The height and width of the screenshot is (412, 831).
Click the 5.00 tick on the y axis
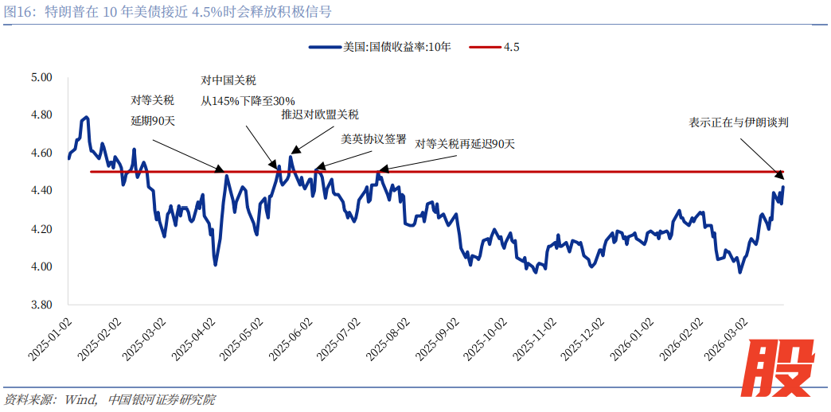click(40, 77)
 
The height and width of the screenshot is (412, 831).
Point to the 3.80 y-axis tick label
click(40, 305)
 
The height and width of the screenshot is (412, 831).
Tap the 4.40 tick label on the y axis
click(40, 191)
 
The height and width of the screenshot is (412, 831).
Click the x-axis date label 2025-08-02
click(392, 335)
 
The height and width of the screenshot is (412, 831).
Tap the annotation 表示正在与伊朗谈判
click(739, 122)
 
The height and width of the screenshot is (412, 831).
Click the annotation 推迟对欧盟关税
click(320, 115)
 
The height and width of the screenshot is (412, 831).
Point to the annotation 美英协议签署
click(373, 138)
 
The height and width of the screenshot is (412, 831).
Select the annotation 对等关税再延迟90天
click(465, 144)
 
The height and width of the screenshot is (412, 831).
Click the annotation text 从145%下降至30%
click(248, 101)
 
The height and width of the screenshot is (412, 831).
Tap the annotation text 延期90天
click(153, 121)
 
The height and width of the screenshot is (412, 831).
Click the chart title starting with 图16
click(168, 11)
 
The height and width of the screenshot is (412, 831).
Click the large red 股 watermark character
click(783, 367)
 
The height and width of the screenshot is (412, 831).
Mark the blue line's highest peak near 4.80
click(85, 118)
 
